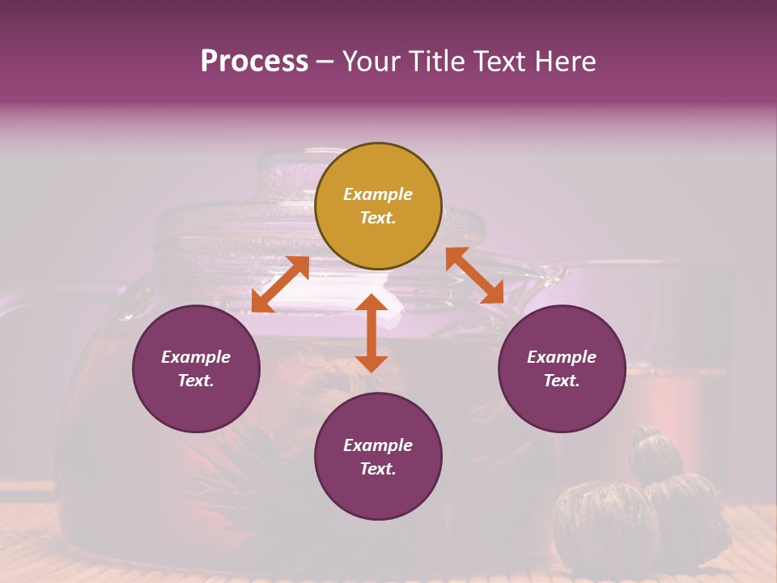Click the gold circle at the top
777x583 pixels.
click(x=378, y=206)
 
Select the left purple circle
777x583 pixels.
click(x=196, y=368)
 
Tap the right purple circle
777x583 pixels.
click(x=562, y=368)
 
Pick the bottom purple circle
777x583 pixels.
click(x=378, y=457)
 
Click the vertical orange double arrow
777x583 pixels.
click(x=372, y=333)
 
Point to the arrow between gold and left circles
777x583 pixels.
click(x=280, y=283)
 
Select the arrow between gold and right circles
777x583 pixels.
click(x=474, y=275)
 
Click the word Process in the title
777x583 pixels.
click(x=254, y=62)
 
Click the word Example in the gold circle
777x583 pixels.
click(x=378, y=194)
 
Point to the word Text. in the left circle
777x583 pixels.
click(x=196, y=381)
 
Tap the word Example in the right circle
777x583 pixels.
click(x=562, y=357)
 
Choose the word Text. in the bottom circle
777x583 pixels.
click(x=378, y=469)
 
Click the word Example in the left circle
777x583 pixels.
click(x=196, y=357)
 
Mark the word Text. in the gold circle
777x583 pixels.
click(x=378, y=218)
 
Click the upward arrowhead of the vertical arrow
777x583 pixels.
click(x=372, y=304)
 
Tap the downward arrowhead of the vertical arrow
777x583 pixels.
click(x=372, y=363)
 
